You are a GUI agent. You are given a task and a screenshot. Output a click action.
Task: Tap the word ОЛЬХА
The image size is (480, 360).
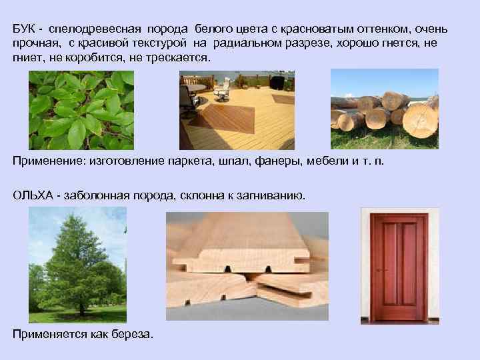point(31,195)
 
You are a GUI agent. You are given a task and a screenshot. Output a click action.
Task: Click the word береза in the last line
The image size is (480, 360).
point(130,333)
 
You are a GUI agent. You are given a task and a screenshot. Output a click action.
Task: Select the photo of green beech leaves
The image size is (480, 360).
point(81,110)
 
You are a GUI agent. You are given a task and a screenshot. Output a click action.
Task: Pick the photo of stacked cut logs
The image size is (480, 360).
point(384,109)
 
